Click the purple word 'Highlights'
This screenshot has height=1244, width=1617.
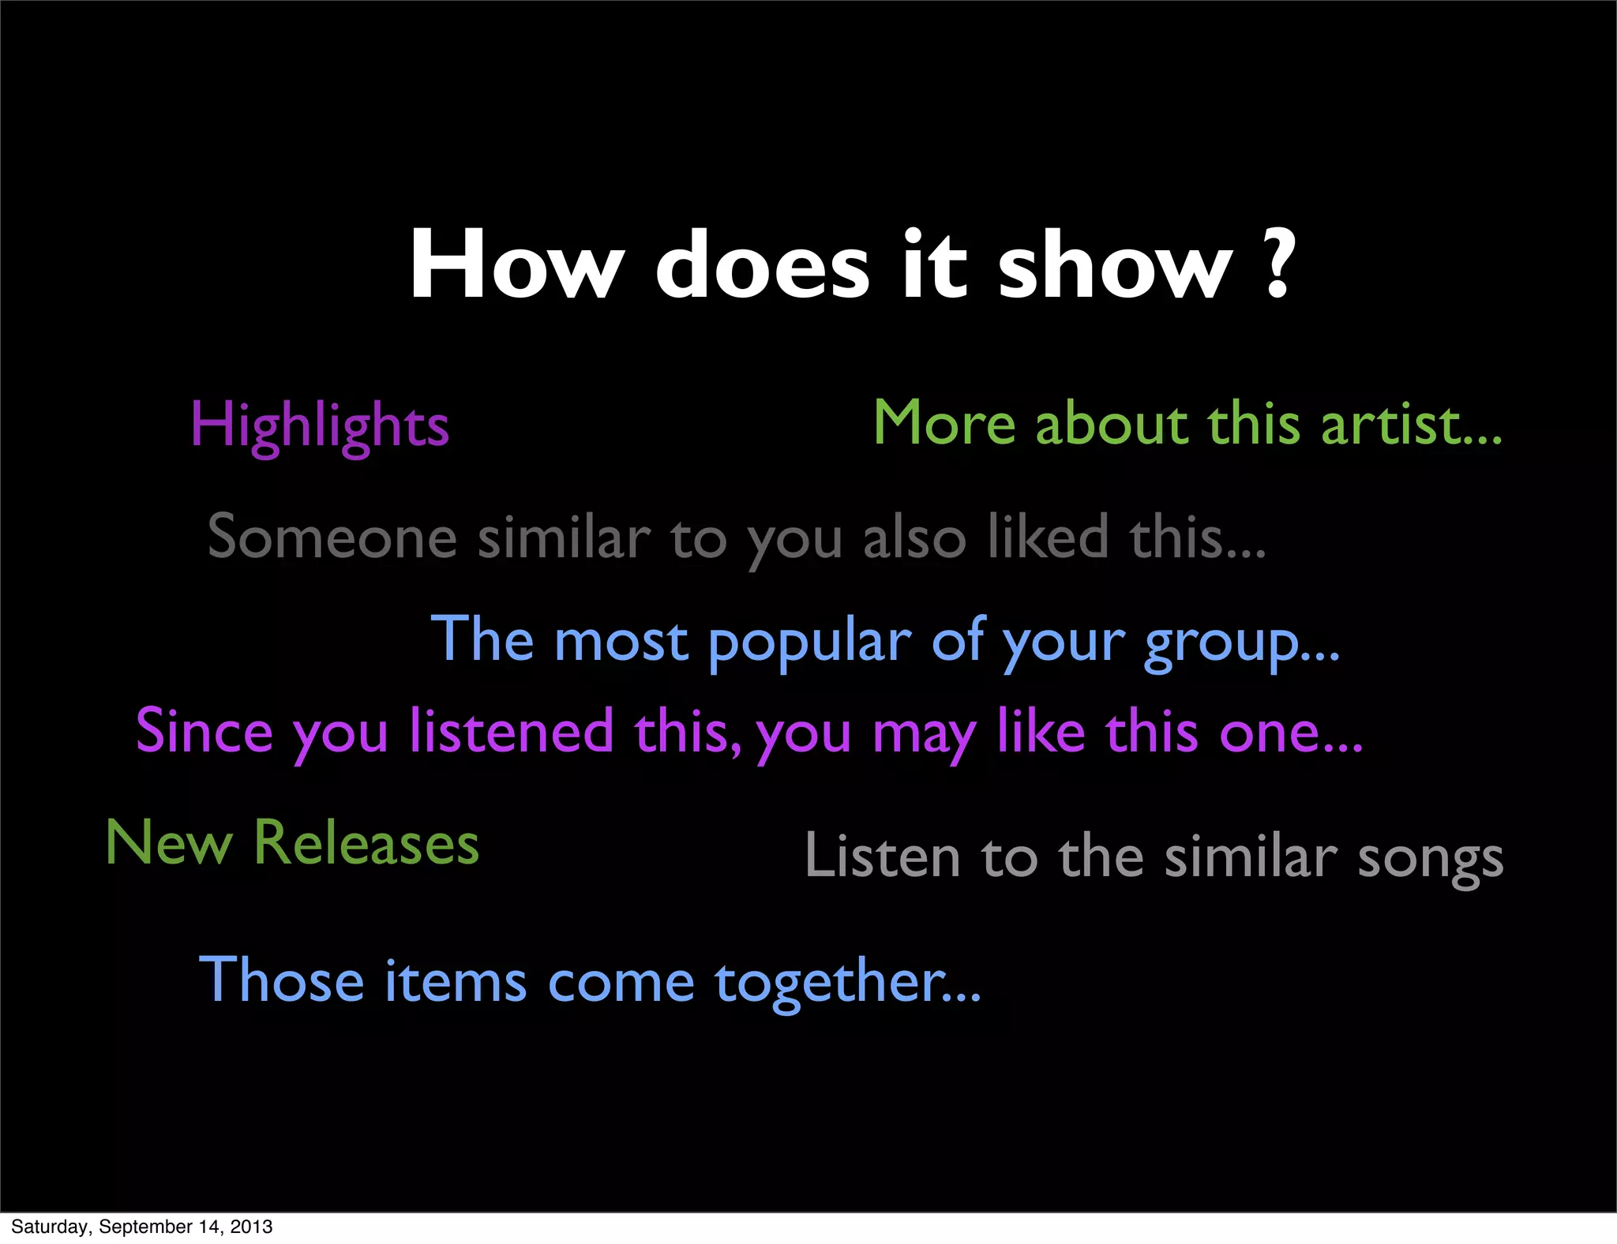320,426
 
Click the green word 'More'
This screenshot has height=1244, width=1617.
944,425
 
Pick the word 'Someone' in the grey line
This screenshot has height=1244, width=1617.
332,538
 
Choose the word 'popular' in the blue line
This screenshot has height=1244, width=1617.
809,643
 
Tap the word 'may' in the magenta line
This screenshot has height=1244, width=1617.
925,734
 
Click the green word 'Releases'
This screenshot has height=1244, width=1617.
366,844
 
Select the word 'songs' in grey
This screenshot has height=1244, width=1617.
1430,859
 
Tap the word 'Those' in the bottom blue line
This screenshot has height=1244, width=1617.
281,981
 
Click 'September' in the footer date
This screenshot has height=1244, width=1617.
148,1227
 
